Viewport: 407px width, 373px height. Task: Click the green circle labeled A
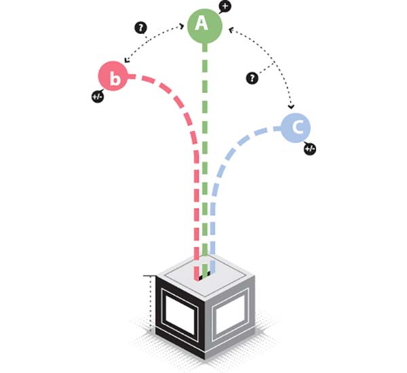pyautogui.click(x=203, y=25)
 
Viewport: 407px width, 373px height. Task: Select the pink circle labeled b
pyautogui.click(x=115, y=78)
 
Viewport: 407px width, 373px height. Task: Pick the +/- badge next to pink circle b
pyautogui.click(x=97, y=96)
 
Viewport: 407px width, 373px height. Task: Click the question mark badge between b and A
pyautogui.click(x=141, y=28)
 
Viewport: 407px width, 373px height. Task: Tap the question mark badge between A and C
pyautogui.click(x=252, y=79)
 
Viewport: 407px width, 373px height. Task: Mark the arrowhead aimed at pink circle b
pyautogui.click(x=128, y=60)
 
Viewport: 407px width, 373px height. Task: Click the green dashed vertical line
pyautogui.click(x=203, y=156)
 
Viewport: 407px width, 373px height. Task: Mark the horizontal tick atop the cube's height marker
pyautogui.click(x=149, y=276)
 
